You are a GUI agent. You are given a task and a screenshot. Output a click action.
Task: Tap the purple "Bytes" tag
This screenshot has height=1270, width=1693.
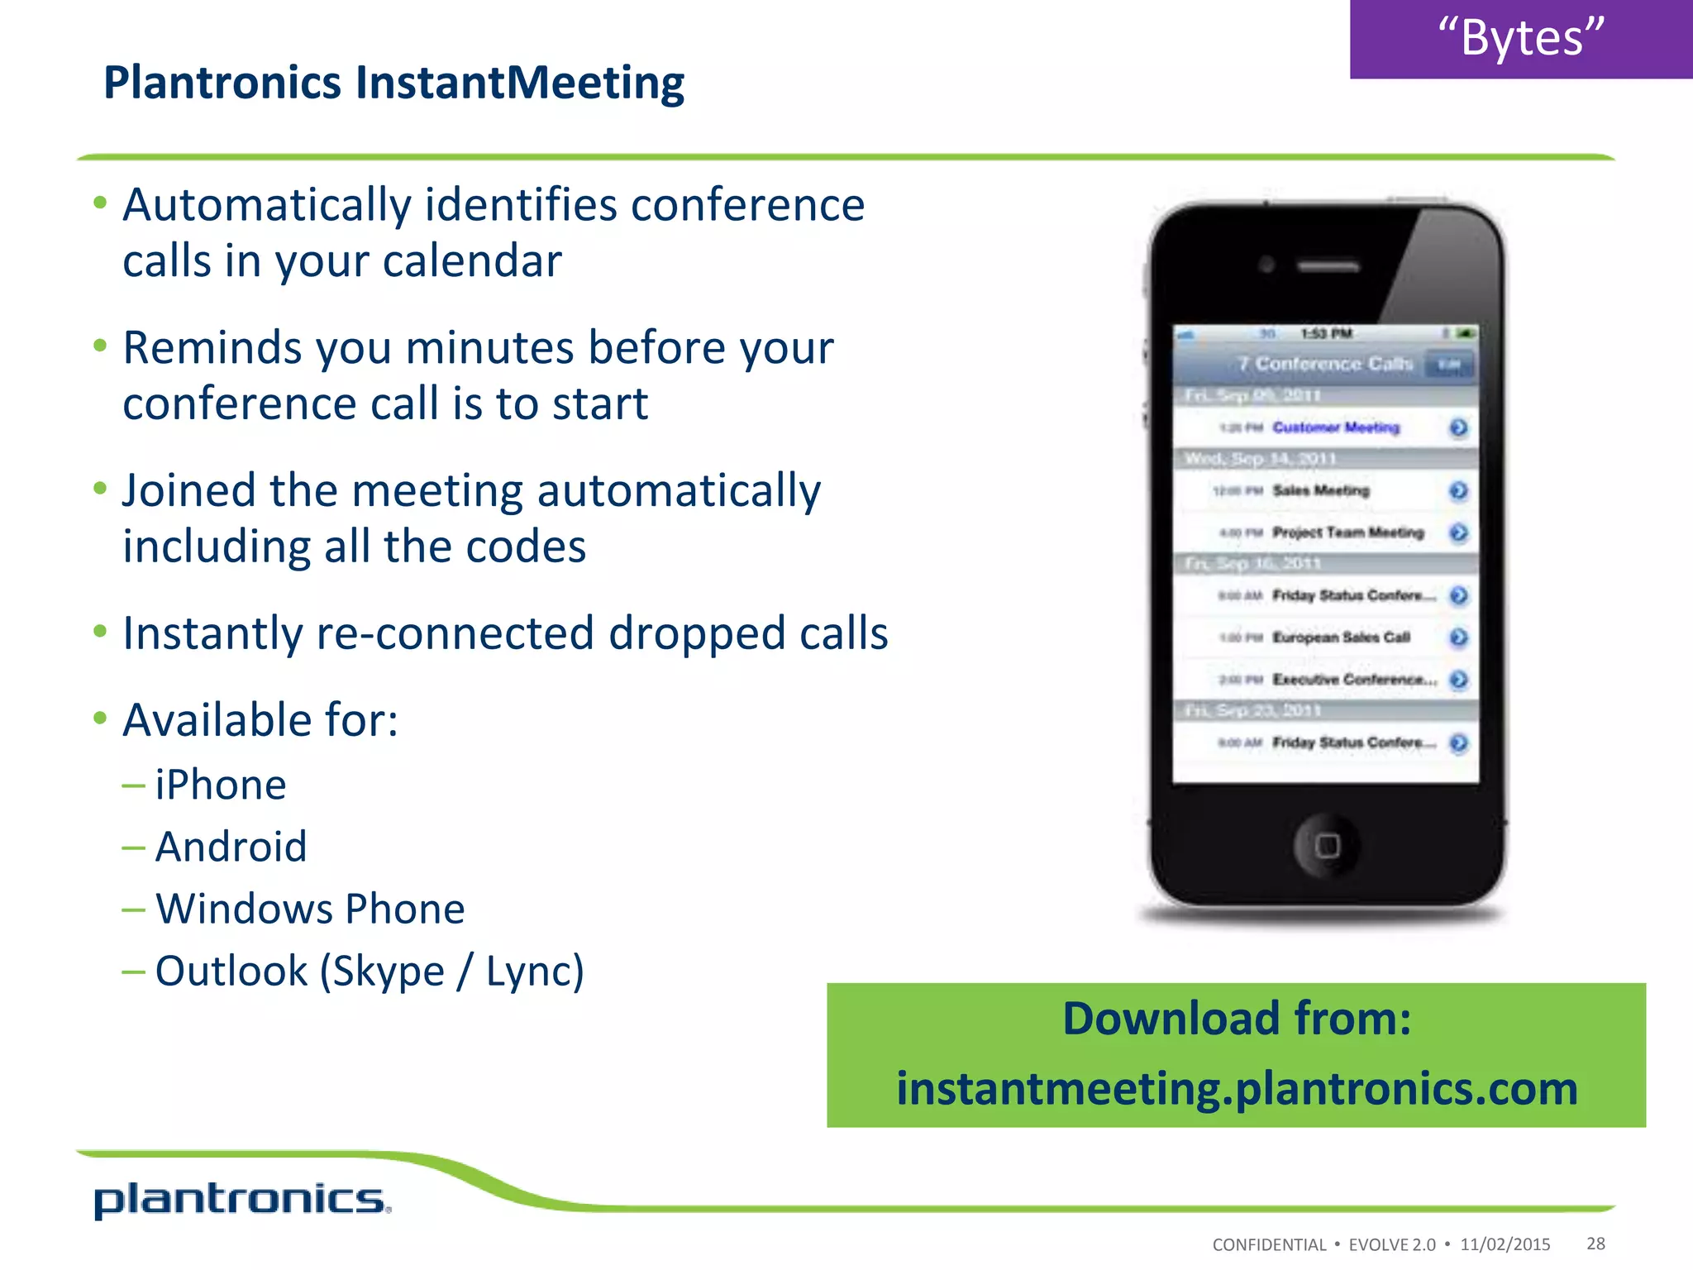click(1520, 38)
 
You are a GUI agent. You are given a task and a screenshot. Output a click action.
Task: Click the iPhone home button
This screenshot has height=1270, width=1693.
click(1327, 845)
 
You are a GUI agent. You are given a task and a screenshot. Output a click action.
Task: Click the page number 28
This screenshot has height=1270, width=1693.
click(1595, 1244)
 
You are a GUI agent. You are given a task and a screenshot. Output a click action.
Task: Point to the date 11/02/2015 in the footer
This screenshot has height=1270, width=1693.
click(1505, 1244)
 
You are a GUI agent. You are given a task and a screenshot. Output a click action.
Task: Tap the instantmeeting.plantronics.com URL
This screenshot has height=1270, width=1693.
click(1237, 1088)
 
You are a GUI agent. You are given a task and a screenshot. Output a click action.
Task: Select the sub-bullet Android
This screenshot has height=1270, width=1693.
click(231, 847)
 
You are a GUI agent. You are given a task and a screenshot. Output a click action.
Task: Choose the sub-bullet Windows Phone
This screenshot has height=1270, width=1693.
click(310, 909)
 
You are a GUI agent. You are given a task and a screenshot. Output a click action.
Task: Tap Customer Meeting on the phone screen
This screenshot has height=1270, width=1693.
click(1336, 427)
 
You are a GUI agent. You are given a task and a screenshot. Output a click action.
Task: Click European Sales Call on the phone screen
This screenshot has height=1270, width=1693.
click(1341, 637)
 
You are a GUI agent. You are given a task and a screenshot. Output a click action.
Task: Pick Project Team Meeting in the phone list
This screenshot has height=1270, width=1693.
click(1347, 532)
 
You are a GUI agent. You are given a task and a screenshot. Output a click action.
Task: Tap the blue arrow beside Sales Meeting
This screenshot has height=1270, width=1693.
click(1459, 491)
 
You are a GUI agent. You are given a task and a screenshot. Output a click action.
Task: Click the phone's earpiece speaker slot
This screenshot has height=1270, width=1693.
click(1328, 267)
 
